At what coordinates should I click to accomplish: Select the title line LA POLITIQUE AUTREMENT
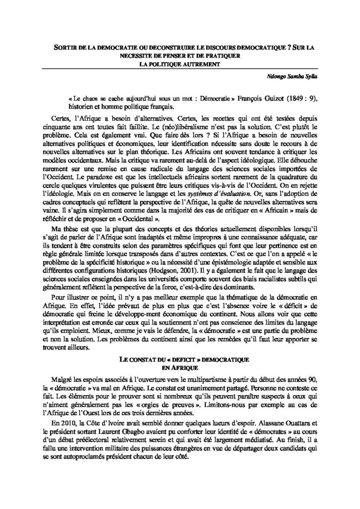tap(180, 64)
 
